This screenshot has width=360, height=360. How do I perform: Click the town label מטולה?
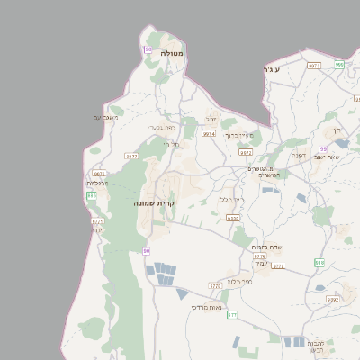click(171, 54)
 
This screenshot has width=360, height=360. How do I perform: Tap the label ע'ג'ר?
click(272, 69)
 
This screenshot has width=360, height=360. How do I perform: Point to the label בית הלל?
click(232, 199)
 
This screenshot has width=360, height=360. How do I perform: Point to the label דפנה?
click(298, 155)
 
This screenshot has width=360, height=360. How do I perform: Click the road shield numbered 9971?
click(314, 66)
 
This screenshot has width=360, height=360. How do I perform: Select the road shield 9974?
click(209, 133)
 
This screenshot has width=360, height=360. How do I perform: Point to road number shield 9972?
click(245, 153)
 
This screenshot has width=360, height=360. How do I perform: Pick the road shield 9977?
click(131, 157)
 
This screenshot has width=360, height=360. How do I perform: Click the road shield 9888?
click(233, 219)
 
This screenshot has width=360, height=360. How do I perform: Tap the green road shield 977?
click(231, 314)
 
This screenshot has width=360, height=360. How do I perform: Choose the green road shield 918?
click(319, 262)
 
